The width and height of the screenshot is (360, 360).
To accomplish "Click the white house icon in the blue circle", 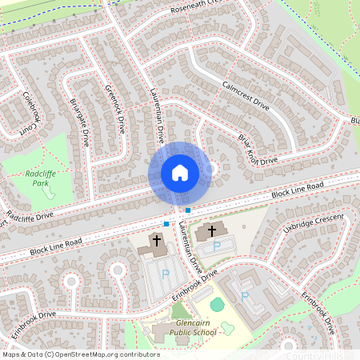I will pos(179,172).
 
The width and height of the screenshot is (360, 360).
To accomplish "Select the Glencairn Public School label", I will pos(184,328).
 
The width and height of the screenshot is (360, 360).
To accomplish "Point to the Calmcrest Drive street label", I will pos(246,94).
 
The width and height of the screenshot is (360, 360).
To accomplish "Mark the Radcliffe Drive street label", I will pos(29,216).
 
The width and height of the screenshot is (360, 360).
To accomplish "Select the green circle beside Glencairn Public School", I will pos(218,304).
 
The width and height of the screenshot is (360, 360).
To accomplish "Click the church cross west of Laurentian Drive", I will pos(157,239).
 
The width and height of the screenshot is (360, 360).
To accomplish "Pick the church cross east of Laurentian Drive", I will pos(212,231).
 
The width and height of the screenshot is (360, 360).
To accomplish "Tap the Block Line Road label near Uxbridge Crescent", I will pos(297,190).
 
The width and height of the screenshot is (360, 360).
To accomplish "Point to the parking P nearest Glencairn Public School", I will pos(245,296).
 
